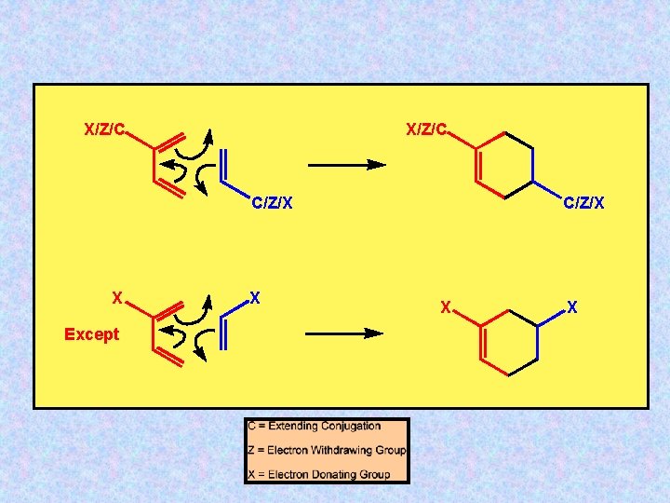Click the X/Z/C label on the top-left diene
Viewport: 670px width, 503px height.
pyautogui.click(x=104, y=129)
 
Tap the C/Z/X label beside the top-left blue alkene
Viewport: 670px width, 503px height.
pyautogui.click(x=273, y=202)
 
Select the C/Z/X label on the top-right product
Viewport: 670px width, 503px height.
pyautogui.click(x=583, y=202)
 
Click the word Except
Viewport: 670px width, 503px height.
pyautogui.click(x=91, y=334)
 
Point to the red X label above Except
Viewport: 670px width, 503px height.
pyautogui.click(x=116, y=298)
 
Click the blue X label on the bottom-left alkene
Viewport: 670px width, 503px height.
pyautogui.click(x=255, y=298)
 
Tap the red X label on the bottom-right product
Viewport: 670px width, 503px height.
pyautogui.click(x=446, y=306)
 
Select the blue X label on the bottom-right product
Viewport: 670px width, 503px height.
pyautogui.click(x=572, y=306)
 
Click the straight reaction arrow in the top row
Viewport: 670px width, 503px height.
pyautogui.click(x=345, y=165)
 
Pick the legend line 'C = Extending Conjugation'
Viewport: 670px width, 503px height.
pyautogui.click(x=315, y=427)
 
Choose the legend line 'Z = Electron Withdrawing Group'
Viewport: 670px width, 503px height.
pyautogui.click(x=327, y=450)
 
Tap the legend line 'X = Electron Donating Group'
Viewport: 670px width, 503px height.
pyautogui.click(x=318, y=474)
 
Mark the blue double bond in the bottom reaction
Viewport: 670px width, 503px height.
pyautogui.click(x=222, y=333)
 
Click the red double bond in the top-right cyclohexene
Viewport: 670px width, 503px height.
pyautogui.click(x=479, y=166)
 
